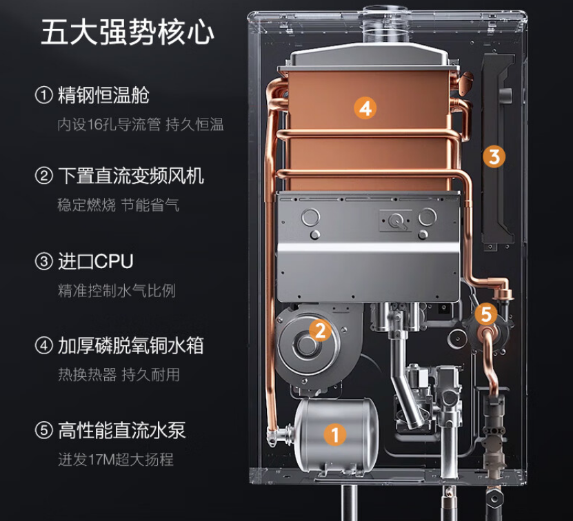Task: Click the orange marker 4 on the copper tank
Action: pos(365,108)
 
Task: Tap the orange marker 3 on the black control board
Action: pos(493,156)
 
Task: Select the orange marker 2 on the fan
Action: pos(319,330)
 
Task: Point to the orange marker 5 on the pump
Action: pos(486,315)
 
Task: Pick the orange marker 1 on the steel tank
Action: pos(335,434)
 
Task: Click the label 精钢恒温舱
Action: pos(103,94)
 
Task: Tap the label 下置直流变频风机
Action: pos(130,176)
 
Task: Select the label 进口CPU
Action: pos(95,262)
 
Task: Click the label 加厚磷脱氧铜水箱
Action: pos(130,345)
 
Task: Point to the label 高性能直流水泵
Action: pos(121,431)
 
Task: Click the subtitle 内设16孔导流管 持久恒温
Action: pos(141,125)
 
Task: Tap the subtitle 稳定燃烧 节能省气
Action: pos(119,205)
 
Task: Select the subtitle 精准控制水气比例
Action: pos(117,291)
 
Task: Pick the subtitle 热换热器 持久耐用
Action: pos(119,375)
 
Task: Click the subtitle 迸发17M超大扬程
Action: pos(116,460)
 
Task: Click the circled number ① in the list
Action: pos(43,95)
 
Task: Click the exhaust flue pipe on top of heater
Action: pos(379,28)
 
